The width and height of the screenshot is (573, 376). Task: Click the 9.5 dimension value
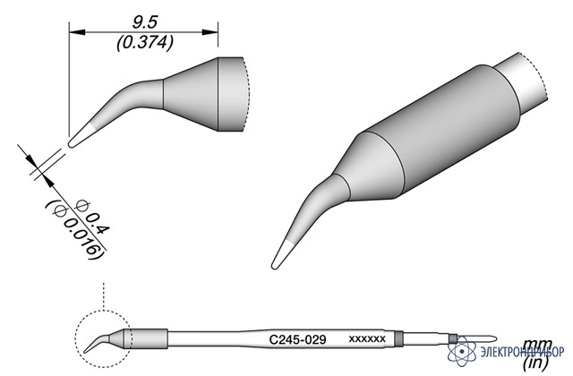click(144, 22)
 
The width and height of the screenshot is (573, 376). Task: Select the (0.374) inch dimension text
click(145, 44)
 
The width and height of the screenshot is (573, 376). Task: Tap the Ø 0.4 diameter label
click(91, 218)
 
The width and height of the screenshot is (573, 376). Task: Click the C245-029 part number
click(297, 340)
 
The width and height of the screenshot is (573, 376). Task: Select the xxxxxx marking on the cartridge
click(367, 339)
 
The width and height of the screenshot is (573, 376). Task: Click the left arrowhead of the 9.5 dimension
click(77, 32)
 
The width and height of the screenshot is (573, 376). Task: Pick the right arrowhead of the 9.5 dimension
click(210, 32)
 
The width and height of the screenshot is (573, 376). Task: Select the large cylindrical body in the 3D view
click(442, 132)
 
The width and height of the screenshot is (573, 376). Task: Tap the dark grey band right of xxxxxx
click(399, 338)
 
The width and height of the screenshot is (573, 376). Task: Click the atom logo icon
click(462, 351)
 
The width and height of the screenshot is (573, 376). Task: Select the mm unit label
click(534, 345)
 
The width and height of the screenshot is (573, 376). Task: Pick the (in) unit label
click(535, 363)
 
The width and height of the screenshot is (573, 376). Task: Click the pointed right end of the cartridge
click(494, 338)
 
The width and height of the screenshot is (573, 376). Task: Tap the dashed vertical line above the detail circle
click(104, 296)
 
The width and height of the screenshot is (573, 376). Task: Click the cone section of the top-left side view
click(191, 94)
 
